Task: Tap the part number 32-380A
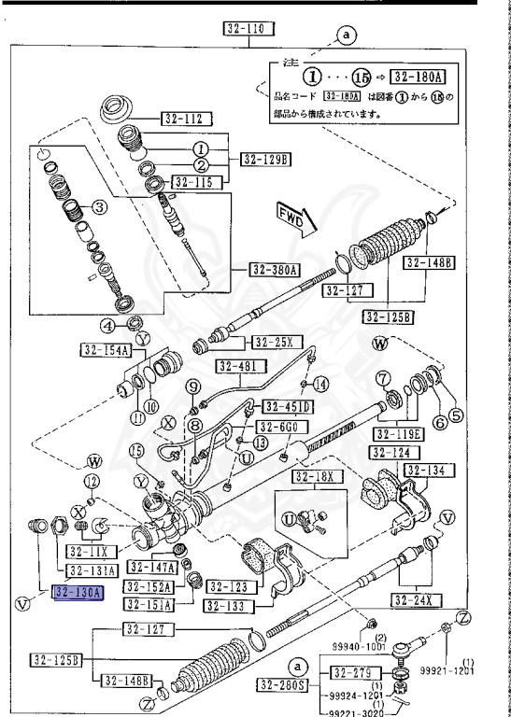[x=274, y=271]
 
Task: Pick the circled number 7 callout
[x=383, y=378]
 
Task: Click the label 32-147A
[x=151, y=568]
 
